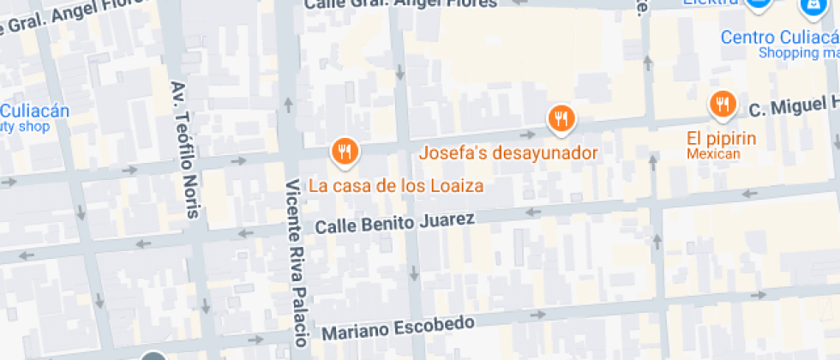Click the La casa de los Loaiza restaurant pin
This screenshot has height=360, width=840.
tap(345, 152)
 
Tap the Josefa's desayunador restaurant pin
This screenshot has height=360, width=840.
tap(561, 118)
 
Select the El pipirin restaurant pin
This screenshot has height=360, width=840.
tap(723, 105)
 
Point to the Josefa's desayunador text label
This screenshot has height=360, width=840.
tap(507, 154)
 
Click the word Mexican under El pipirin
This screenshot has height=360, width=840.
tap(712, 153)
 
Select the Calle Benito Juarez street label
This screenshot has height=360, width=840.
tap(394, 223)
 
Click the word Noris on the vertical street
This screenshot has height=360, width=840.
tap(189, 199)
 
